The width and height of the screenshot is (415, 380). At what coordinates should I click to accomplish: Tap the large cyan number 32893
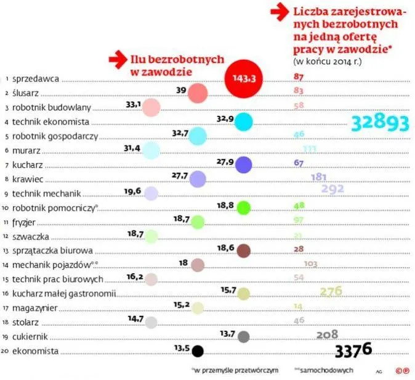(379, 123)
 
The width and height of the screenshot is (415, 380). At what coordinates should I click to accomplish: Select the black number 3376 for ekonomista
(353, 350)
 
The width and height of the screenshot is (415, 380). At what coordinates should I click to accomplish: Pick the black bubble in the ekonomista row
(198, 351)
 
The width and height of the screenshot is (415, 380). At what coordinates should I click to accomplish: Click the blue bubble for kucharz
(244, 164)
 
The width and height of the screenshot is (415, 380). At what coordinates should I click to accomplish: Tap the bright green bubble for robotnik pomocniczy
(244, 207)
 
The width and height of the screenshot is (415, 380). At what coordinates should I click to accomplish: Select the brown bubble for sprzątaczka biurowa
(244, 250)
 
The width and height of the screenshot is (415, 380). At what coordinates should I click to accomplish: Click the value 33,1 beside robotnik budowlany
(133, 104)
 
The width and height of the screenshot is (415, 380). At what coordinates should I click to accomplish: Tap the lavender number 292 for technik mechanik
(332, 189)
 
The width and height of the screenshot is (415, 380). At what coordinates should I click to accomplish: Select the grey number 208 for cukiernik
(328, 334)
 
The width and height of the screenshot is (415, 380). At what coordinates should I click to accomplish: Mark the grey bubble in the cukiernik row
(244, 337)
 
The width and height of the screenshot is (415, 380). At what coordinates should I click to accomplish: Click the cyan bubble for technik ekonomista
(244, 122)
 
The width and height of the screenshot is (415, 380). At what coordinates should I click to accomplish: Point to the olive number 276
(331, 291)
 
